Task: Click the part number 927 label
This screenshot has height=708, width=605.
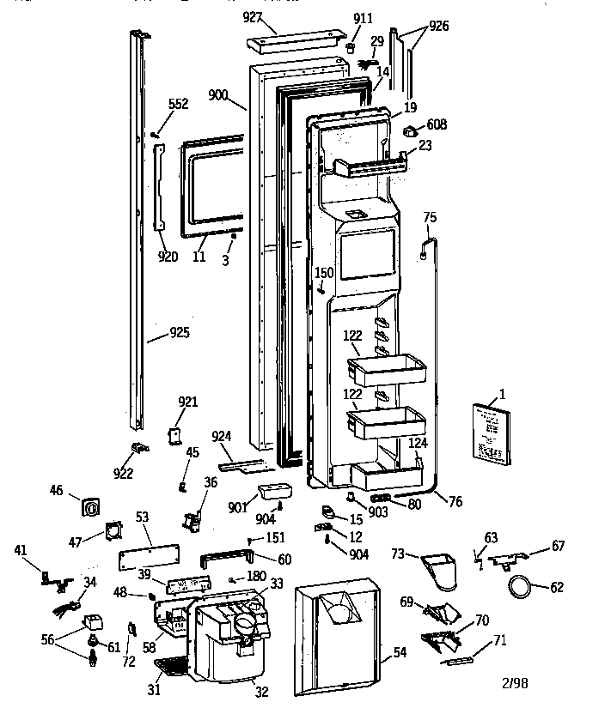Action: (253, 17)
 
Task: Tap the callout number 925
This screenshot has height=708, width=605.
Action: (179, 332)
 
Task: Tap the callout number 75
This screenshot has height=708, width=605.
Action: (430, 217)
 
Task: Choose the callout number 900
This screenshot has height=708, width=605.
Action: (217, 95)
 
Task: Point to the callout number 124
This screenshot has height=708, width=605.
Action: (418, 443)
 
